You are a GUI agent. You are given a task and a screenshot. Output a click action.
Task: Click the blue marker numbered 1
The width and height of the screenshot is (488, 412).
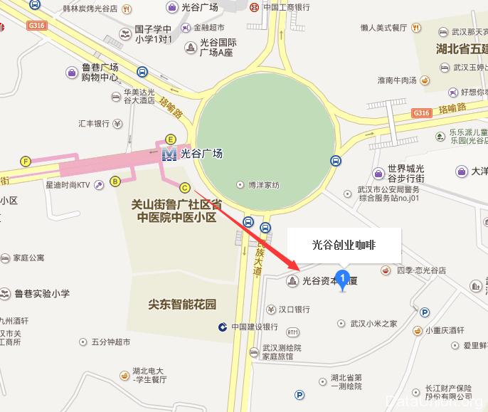[x=344, y=278]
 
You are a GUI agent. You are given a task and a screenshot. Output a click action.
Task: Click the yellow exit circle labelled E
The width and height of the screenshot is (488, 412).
[x=170, y=139]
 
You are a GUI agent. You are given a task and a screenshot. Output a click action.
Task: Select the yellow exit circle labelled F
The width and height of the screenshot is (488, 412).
[x=26, y=162]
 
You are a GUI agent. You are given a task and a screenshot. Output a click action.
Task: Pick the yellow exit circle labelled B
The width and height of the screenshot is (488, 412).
[x=115, y=182]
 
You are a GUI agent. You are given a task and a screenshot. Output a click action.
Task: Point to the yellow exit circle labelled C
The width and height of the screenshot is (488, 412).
[x=185, y=188]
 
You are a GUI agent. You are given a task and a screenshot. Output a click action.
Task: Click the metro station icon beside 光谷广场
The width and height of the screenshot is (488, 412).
[x=169, y=153]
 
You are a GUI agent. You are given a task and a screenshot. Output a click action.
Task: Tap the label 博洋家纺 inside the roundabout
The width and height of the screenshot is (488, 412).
[x=263, y=185]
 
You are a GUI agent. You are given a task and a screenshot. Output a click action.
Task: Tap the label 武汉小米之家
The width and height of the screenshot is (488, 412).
[x=373, y=323]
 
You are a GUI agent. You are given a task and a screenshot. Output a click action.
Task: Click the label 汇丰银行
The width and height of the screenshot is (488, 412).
[x=94, y=123]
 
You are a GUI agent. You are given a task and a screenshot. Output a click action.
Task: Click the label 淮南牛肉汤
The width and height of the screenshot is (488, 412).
[x=397, y=80]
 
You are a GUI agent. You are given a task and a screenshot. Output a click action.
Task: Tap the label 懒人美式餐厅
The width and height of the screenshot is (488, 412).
[x=383, y=27]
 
